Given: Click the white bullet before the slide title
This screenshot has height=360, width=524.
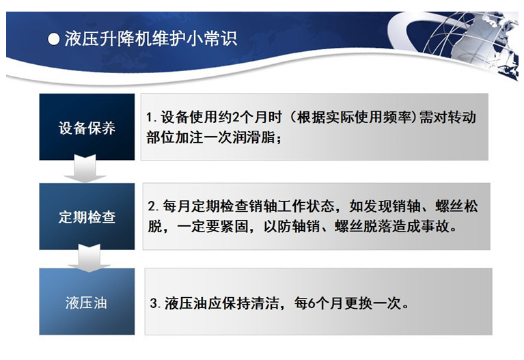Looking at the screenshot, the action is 53,39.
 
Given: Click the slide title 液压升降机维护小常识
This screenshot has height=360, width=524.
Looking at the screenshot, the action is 151,39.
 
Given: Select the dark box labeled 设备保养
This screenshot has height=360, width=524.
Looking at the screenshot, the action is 87,126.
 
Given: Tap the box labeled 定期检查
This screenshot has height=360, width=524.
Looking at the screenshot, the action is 87,217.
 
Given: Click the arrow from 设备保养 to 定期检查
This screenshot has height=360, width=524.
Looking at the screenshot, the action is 85,169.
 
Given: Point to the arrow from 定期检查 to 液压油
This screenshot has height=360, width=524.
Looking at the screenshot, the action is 89,258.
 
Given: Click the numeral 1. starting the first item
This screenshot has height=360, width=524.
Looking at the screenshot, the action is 151,117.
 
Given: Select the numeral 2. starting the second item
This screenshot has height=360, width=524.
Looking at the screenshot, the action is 154,206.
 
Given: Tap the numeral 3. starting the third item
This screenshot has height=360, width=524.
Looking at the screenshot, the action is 155,303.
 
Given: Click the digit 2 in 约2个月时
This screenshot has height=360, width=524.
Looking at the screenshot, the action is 236,117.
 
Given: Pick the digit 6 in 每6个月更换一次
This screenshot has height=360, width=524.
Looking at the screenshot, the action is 311,303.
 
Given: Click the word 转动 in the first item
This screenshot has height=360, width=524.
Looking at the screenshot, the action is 462,117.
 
